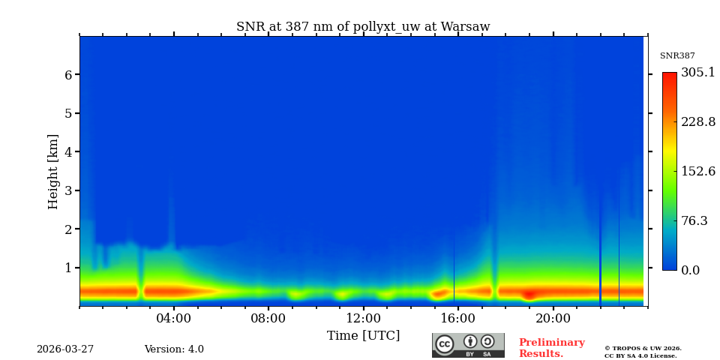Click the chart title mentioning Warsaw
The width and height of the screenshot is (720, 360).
pos(363,27)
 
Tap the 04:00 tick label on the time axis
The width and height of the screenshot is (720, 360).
pos(173,319)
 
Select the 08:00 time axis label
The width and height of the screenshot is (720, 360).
pos(268,319)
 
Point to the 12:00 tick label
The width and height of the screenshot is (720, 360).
pos(363,319)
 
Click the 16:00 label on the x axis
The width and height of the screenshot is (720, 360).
pos(458,319)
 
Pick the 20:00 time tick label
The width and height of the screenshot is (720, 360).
pos(553,319)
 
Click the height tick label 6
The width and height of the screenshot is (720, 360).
pos(68,75)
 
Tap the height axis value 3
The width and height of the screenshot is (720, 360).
pos(68,190)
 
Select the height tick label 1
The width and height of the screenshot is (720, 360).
pos(68,268)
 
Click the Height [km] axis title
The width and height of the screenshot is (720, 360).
pos(53,171)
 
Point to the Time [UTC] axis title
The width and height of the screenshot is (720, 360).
pos(363,336)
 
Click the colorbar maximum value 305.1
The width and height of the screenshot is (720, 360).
pos(697,73)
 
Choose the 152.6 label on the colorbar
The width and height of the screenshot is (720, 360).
pos(697,171)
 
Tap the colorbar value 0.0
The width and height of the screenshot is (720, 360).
pos(691,271)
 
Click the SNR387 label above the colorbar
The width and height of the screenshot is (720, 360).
pos(677,56)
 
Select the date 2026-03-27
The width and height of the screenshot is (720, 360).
pos(65,349)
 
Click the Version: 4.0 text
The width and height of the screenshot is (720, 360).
pos(174,349)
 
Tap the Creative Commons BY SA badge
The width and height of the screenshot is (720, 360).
pos(468,345)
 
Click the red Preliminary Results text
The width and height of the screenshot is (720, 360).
pos(551,348)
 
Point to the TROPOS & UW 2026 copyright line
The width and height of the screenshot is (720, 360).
pos(643,349)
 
